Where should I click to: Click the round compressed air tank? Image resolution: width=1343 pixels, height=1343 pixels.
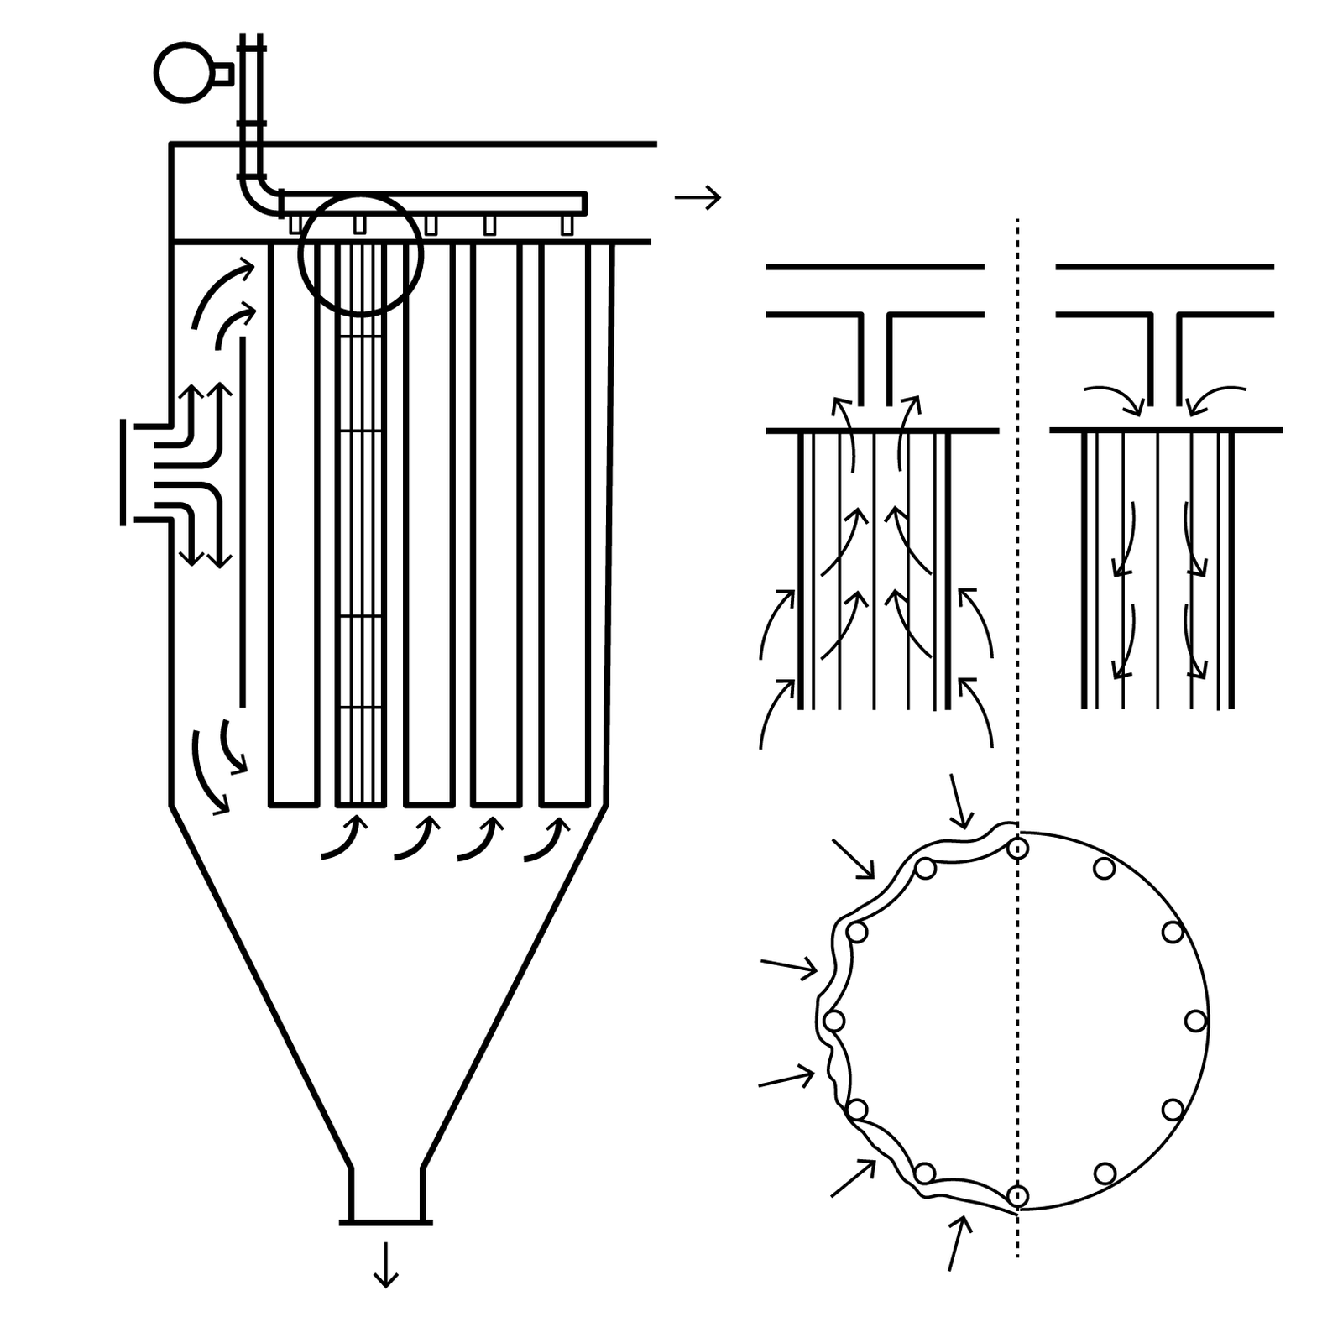[184, 73]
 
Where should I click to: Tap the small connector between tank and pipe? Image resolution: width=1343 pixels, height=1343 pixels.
[222, 74]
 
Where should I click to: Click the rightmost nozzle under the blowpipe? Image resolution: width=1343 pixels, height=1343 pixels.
[567, 224]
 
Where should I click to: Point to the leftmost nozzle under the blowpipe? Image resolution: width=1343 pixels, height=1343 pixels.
[295, 224]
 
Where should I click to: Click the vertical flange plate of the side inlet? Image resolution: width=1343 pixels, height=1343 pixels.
[123, 473]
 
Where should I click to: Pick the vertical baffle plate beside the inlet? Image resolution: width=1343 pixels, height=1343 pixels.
[243, 520]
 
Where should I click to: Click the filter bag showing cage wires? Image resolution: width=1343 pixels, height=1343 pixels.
[360, 525]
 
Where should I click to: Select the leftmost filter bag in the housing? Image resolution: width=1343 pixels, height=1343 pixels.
[293, 525]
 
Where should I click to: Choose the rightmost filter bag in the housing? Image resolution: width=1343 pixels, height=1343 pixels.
[564, 525]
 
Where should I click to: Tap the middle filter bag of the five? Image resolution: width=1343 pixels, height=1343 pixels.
[429, 525]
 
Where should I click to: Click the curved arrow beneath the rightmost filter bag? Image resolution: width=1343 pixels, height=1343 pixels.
[544, 840]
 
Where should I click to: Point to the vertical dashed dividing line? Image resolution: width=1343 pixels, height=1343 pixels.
[1017, 588]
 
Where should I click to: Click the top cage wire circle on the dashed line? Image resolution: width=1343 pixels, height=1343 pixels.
[1017, 849]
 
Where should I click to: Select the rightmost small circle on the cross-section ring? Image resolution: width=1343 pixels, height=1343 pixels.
[1195, 1022]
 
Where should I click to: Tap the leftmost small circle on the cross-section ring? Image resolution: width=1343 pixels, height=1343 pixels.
[833, 1022]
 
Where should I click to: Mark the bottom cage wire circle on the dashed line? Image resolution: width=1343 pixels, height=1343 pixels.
[1017, 1195]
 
